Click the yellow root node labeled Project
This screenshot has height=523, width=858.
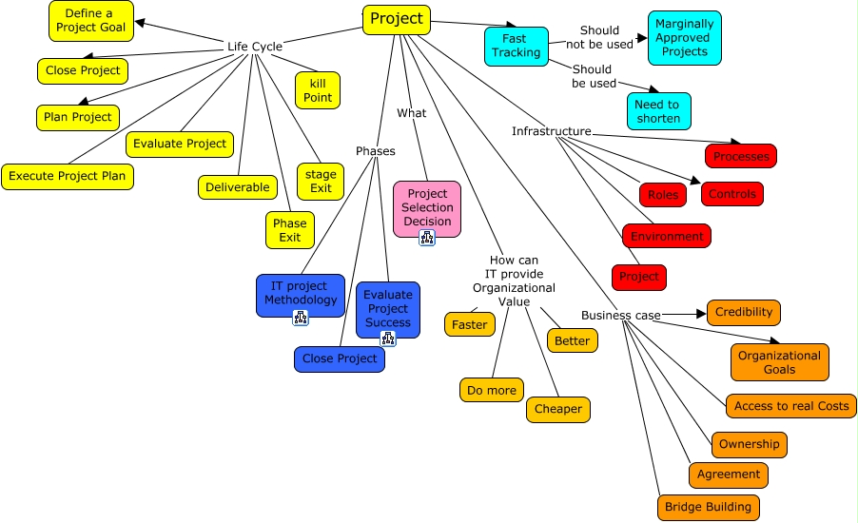point(397,20)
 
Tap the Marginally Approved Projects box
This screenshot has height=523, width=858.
point(685,38)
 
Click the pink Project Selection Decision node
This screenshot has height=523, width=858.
point(427,208)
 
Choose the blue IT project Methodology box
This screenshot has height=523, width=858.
point(301,294)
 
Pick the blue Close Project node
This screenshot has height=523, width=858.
point(340,358)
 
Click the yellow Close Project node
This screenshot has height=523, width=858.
point(83,70)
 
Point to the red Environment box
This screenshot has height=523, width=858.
point(667,236)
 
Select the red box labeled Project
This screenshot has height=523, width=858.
point(639,277)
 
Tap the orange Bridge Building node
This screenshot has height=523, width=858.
point(709,507)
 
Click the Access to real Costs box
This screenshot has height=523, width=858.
point(791,406)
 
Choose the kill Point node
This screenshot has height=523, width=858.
point(318,90)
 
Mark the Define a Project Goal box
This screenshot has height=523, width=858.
point(92,21)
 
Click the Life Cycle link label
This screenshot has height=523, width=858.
point(254,47)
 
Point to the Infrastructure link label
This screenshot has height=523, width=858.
point(552,131)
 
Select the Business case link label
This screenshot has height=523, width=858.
point(621,315)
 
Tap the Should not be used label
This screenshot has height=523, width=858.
point(599,37)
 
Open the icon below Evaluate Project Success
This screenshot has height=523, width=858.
point(388,338)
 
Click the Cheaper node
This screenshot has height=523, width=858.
point(558,409)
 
